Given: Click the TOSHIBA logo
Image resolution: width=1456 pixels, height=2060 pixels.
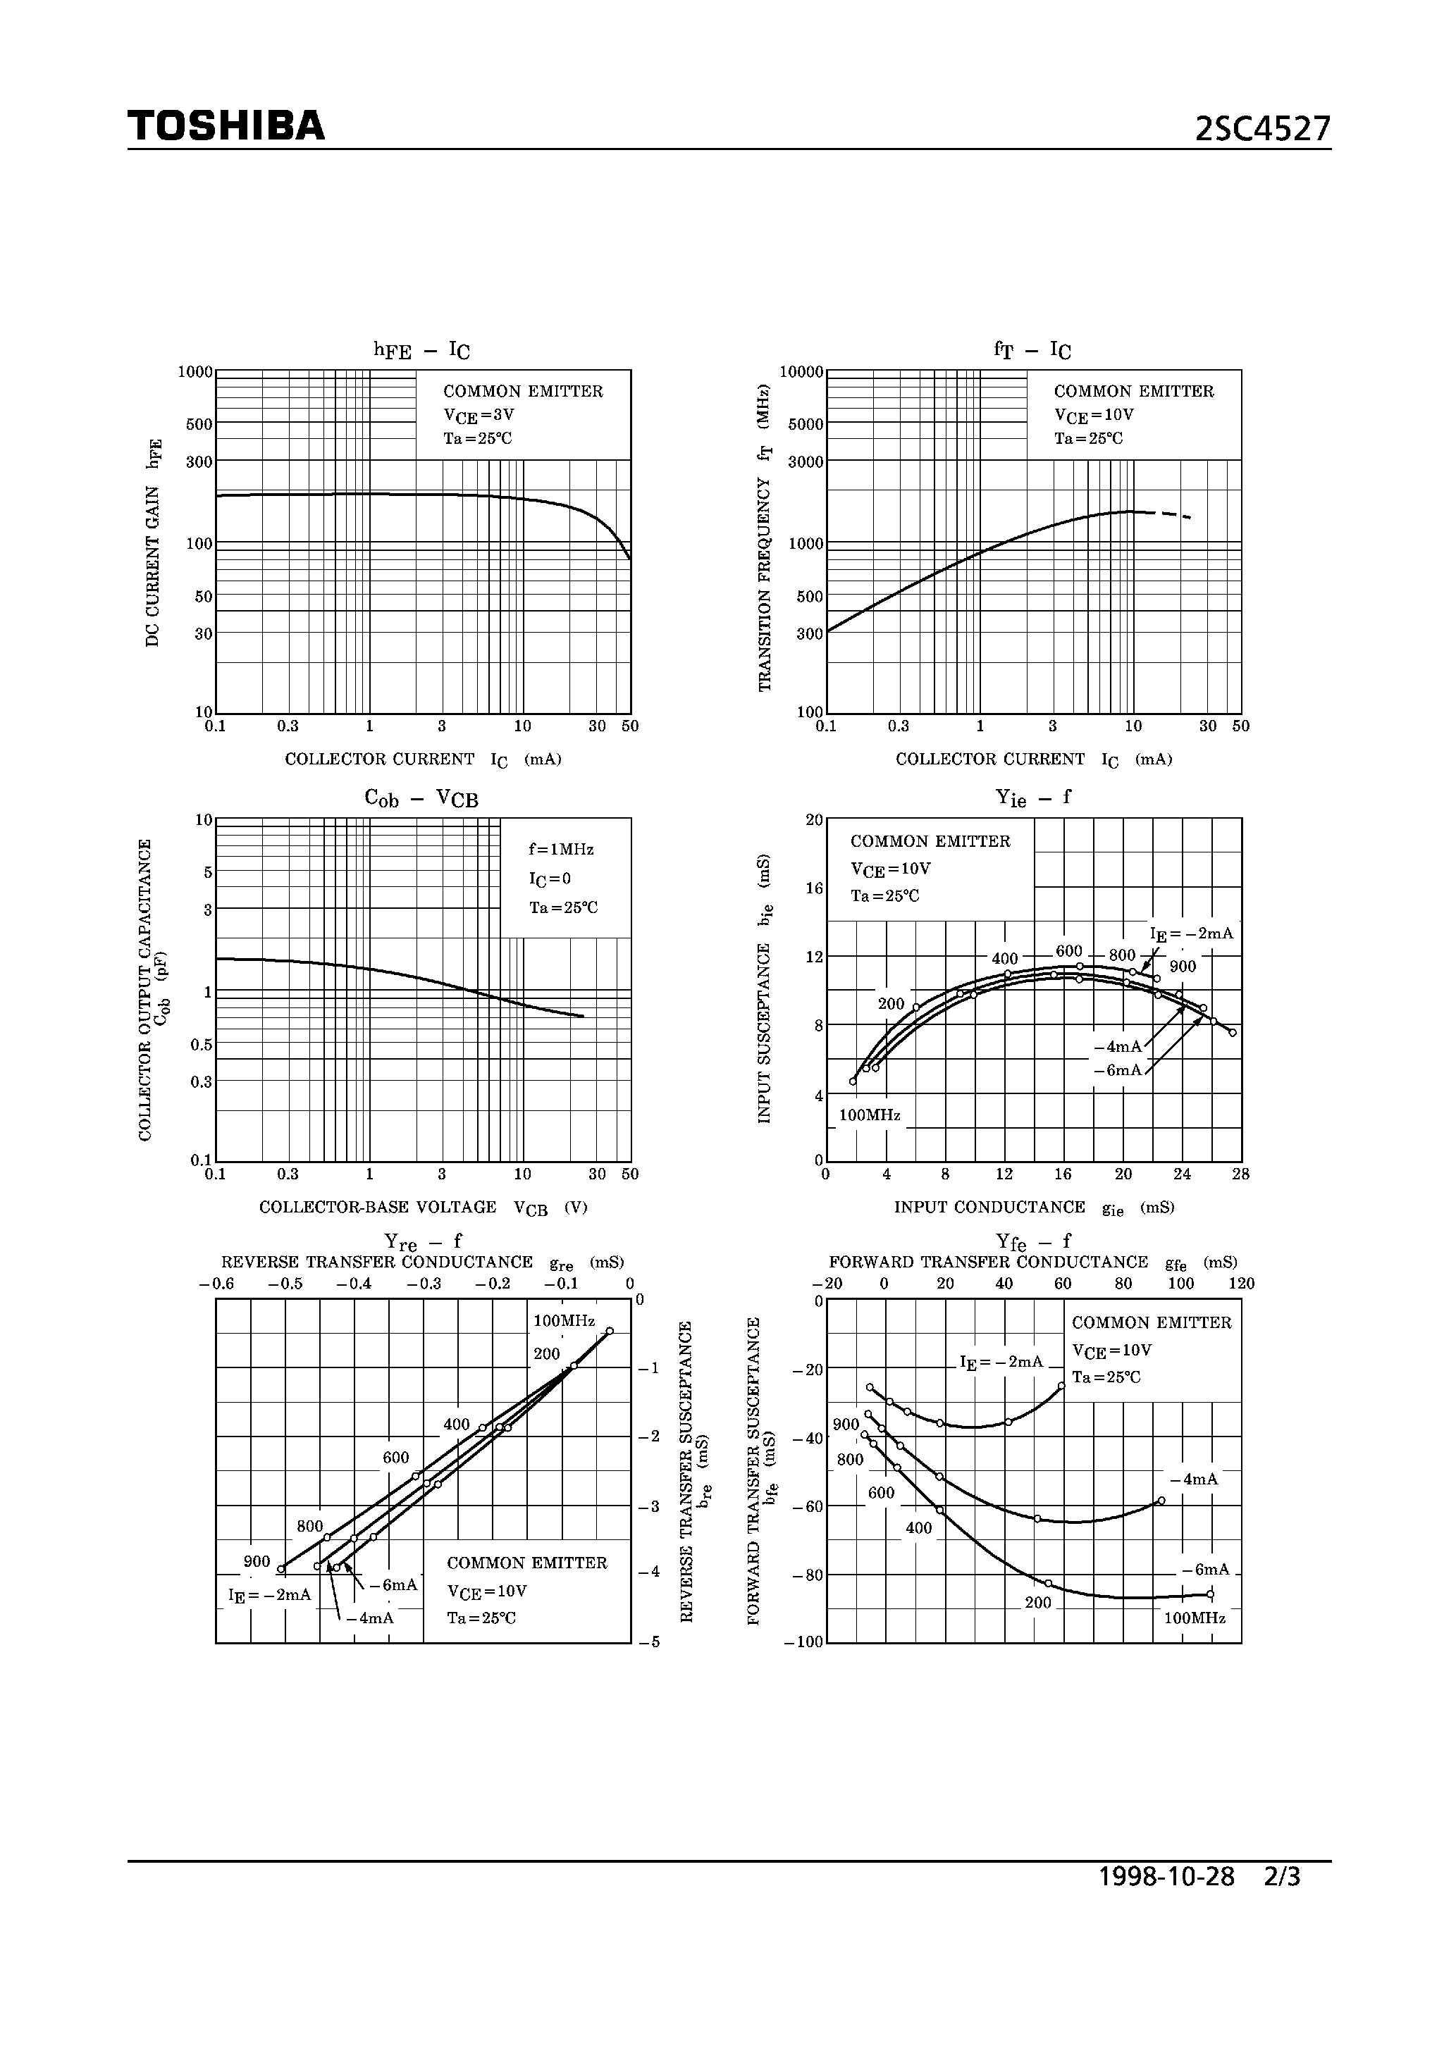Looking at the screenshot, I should (226, 125).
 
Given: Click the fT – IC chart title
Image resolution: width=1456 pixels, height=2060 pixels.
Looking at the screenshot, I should (1032, 350).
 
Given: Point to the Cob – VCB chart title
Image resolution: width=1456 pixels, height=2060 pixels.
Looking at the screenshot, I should (421, 798).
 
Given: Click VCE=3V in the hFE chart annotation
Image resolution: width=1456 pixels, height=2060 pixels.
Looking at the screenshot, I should (479, 416).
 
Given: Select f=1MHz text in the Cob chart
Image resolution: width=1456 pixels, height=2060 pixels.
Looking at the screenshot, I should (561, 849).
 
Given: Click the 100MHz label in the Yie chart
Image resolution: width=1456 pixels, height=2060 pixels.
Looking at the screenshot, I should (869, 1115).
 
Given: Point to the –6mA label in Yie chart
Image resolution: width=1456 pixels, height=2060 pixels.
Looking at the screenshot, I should (1117, 1069).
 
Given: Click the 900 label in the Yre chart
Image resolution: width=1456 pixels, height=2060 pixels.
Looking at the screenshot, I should (257, 1561).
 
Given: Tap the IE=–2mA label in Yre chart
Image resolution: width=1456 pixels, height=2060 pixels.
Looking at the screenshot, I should (269, 1595).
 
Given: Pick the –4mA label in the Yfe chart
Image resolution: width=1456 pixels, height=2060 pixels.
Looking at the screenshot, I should (1194, 1479).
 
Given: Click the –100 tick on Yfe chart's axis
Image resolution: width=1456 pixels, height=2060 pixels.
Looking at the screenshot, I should (803, 1642).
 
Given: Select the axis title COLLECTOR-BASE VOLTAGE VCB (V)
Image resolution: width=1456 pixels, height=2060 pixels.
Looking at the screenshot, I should (423, 1208).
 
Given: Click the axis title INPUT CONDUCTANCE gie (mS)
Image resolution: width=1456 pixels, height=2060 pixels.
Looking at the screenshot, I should (1033, 1208).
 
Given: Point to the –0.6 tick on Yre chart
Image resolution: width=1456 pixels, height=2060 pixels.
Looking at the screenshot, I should (216, 1284).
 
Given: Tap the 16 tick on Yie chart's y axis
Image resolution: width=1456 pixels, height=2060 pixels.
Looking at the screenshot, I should (814, 888).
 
